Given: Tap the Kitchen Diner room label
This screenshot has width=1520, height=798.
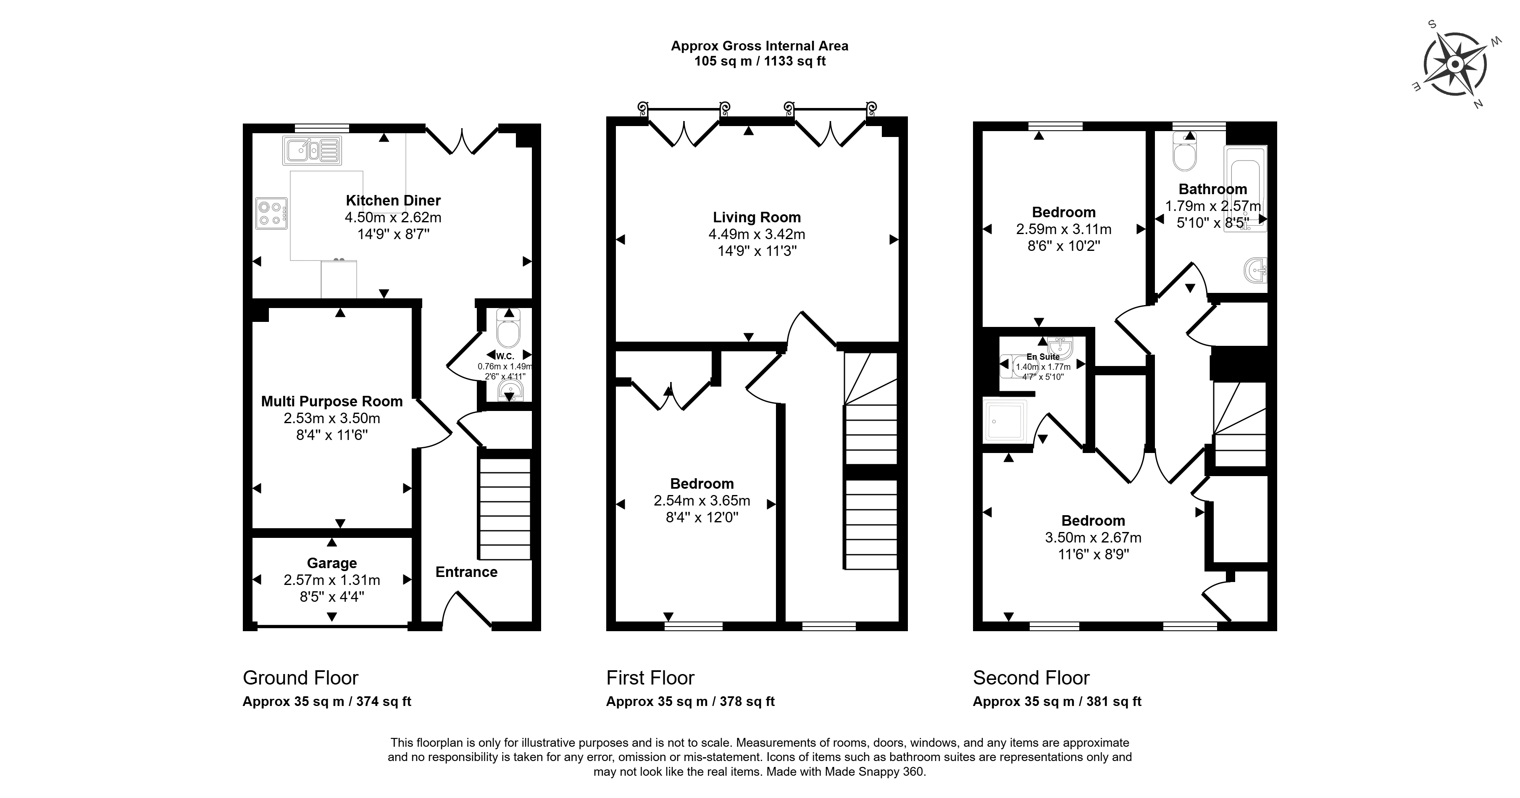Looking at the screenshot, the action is [x=393, y=201].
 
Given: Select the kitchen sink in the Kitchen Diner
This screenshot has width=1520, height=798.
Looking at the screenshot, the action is [x=312, y=150].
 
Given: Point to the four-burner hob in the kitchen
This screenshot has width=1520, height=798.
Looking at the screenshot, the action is [x=271, y=213].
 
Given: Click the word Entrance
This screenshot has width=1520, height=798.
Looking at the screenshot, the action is [x=466, y=572].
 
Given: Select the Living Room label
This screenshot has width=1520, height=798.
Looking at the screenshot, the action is [x=757, y=217].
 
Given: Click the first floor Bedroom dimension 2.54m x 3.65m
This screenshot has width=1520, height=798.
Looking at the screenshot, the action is [x=702, y=501].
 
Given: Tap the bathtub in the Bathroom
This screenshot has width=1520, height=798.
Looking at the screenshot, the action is [x=1246, y=188].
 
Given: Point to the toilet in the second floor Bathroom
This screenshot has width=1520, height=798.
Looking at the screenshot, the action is [x=1184, y=152].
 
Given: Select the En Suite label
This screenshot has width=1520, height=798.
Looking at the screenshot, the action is [x=1043, y=356].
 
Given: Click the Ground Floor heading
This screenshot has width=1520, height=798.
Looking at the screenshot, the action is [x=300, y=677].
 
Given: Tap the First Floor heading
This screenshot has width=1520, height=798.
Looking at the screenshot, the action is [x=650, y=677].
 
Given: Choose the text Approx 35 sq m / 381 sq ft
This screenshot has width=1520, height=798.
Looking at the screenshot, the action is [x=1057, y=702].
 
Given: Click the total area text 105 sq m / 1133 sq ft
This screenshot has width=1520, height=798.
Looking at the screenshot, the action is [x=760, y=61].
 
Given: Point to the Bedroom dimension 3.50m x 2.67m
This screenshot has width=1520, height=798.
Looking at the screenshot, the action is [x=1093, y=538].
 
